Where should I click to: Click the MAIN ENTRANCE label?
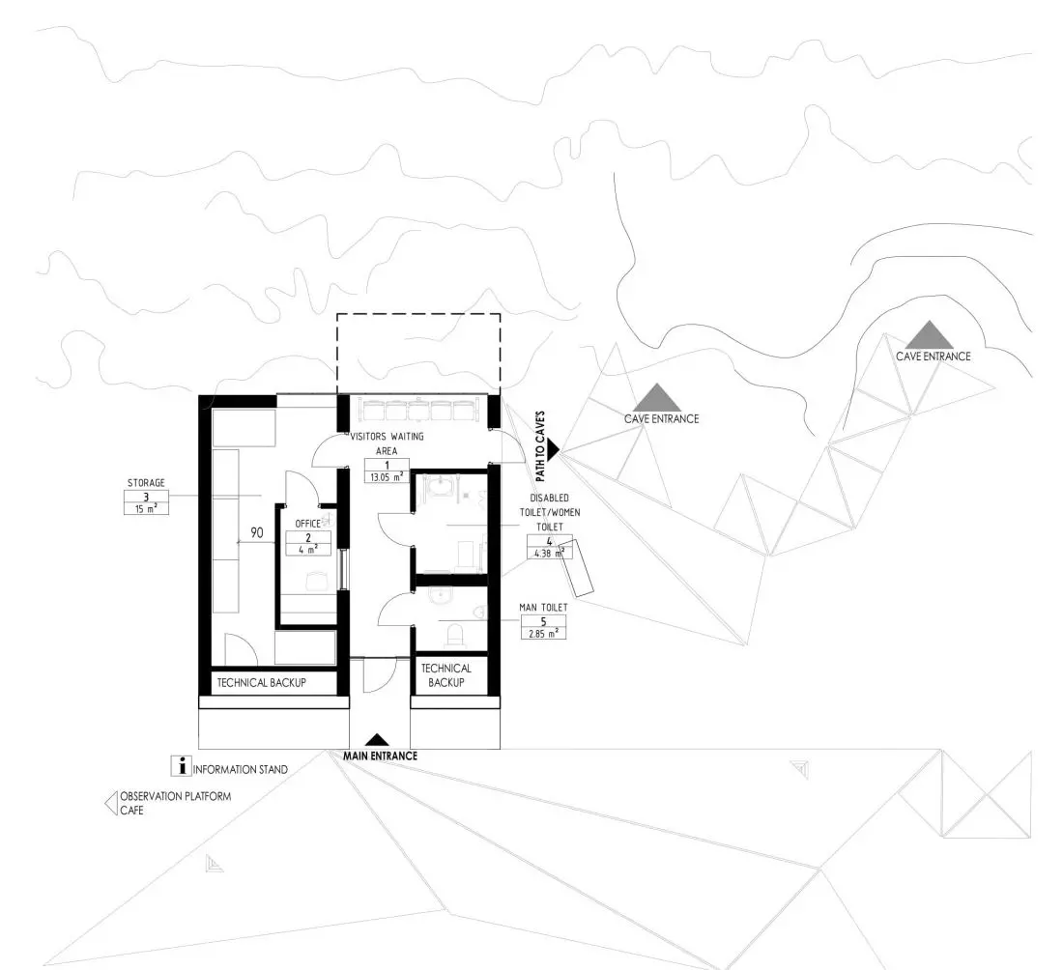click(x=380, y=756)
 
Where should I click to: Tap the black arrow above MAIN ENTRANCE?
click(x=378, y=741)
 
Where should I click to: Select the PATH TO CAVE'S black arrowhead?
click(x=553, y=448)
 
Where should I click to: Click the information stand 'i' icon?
click(x=181, y=767)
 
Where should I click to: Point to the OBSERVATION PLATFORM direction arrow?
click(x=110, y=803)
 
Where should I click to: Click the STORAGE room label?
click(x=146, y=483)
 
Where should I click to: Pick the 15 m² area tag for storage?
click(x=146, y=508)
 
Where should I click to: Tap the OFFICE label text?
click(x=307, y=524)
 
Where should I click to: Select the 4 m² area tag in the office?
click(x=307, y=550)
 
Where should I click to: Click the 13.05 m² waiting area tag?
click(x=387, y=476)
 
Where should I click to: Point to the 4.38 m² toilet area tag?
click(x=550, y=553)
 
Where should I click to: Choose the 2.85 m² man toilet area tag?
click(x=544, y=634)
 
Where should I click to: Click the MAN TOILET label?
click(x=543, y=608)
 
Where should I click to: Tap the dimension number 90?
click(x=257, y=532)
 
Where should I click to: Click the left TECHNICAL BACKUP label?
click(x=262, y=683)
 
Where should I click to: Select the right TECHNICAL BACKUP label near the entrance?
click(x=446, y=675)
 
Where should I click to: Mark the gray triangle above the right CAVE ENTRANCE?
click(x=929, y=334)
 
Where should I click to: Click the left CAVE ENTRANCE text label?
click(x=662, y=419)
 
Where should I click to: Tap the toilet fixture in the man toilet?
click(x=455, y=635)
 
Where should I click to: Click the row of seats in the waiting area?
click(x=418, y=410)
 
